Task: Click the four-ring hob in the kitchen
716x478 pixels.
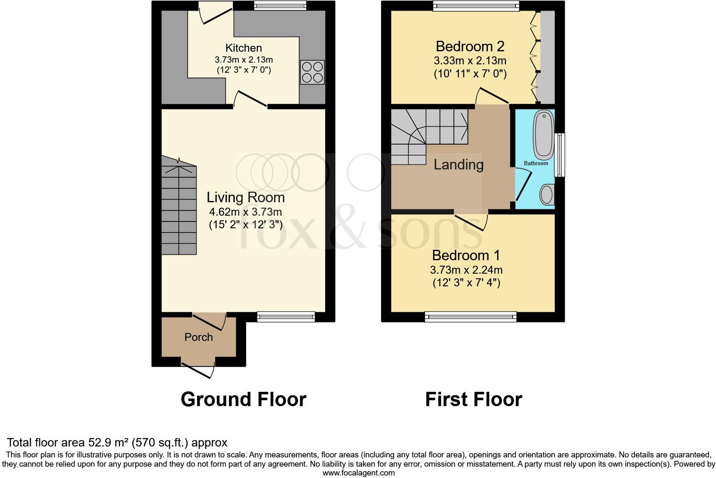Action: point(312,72)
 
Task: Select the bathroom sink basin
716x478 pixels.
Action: point(547,195)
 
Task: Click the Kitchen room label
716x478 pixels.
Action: point(244,48)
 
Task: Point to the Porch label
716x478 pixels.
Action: point(199,337)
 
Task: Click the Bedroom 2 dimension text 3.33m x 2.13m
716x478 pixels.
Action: point(470,61)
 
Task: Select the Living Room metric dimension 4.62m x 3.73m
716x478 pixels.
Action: point(245,211)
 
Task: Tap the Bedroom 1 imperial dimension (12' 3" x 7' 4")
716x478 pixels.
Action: point(466,283)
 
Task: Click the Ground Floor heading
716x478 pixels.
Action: point(243,399)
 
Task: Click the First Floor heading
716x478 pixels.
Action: point(474,399)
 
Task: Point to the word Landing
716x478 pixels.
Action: point(458,164)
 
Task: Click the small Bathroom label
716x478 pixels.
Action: point(536,163)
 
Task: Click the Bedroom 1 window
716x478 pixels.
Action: point(471,317)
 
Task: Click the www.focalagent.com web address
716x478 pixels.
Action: point(358,473)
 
